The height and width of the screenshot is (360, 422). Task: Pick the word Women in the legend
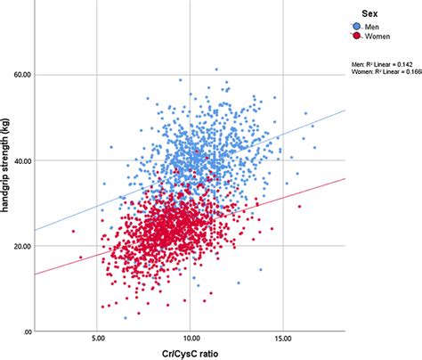pyautogui.click(x=374, y=37)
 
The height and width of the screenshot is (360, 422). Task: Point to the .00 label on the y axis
pyautogui.click(x=25, y=331)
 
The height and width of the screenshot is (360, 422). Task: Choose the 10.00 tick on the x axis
pyautogui.click(x=191, y=338)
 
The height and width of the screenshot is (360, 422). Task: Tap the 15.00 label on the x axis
pyautogui.click(x=283, y=338)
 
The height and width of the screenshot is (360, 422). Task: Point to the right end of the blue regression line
pyautogui.click(x=344, y=110)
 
